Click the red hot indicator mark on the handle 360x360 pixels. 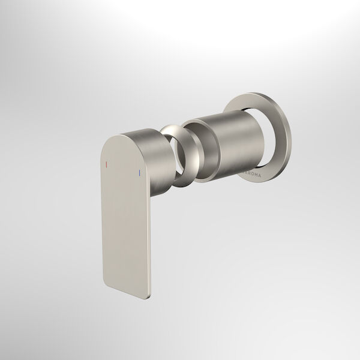tap(106, 163)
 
